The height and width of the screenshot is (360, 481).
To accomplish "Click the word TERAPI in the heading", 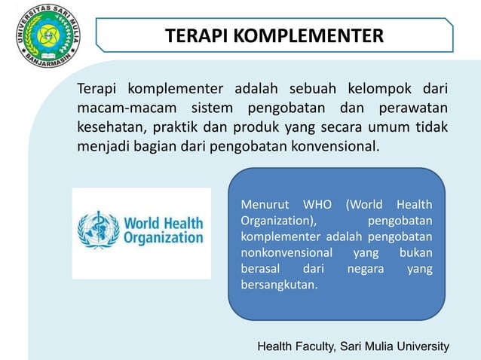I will (x=193, y=35).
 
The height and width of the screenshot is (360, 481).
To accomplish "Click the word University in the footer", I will (x=422, y=346).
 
